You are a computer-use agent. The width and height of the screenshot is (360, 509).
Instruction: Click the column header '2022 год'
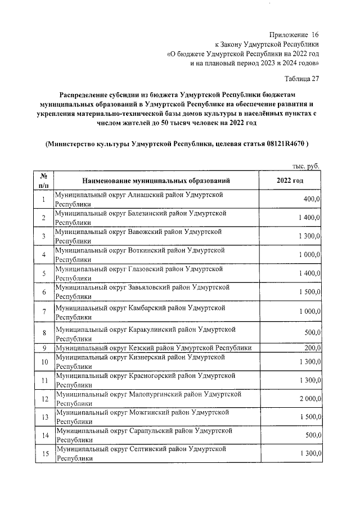click(290, 181)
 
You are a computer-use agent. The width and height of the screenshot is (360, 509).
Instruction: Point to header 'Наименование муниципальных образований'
click(156, 181)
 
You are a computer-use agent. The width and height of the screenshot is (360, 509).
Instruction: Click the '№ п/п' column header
click(44, 181)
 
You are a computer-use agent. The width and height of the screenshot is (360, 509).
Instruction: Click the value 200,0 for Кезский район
click(311, 348)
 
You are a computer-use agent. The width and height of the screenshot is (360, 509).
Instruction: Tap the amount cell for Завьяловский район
click(309, 292)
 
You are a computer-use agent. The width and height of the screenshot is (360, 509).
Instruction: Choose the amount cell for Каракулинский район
click(311, 332)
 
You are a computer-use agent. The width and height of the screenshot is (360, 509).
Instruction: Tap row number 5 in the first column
click(44, 273)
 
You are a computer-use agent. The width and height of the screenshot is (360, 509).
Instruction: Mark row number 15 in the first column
click(44, 453)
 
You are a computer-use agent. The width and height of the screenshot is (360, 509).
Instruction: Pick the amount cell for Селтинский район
click(309, 453)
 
